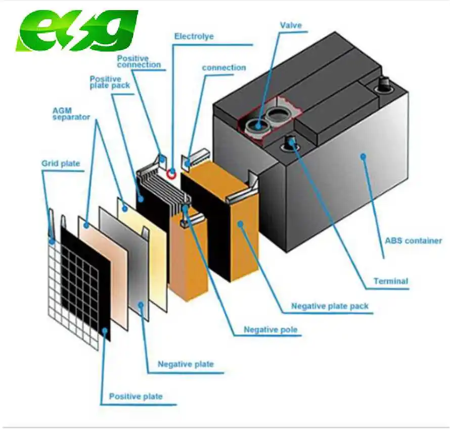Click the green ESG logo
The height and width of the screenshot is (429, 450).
[x=76, y=31]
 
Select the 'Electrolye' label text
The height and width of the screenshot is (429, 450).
[x=194, y=36]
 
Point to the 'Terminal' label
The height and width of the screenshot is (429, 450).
[x=390, y=281]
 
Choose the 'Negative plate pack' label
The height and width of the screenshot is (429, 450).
[x=330, y=306]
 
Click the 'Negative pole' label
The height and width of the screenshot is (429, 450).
[x=271, y=330]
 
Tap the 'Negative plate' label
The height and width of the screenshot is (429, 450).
[x=186, y=364]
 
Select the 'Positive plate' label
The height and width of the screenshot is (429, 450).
[x=136, y=396]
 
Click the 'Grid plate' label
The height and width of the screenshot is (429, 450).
[x=61, y=163]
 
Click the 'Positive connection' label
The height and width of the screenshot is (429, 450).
[x=139, y=61]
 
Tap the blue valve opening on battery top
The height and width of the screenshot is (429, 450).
[x=259, y=125]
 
